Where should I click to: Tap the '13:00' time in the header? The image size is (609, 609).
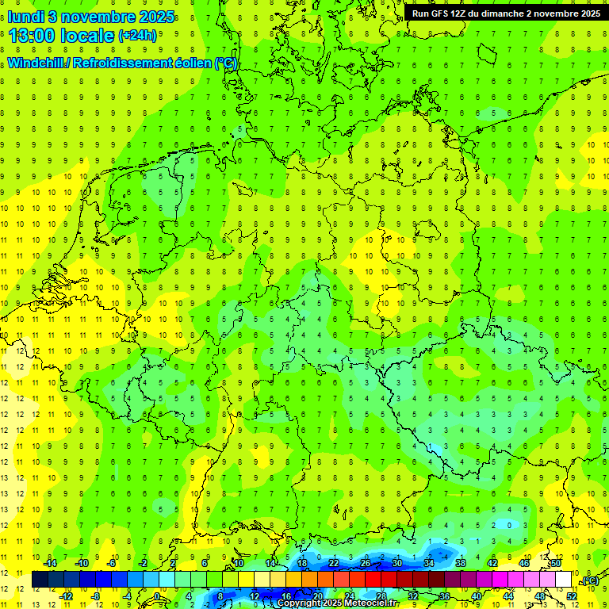pyautogui.click(x=32, y=36)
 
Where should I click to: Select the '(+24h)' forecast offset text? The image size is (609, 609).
pyautogui.click(x=137, y=36)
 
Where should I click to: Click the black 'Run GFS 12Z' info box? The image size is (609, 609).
pyautogui.click(x=506, y=13)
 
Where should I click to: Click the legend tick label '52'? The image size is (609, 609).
pyautogui.click(x=572, y=596)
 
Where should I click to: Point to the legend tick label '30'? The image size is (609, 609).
pyautogui.click(x=396, y=562)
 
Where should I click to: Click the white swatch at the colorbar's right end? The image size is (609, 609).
pyautogui.click(x=563, y=580)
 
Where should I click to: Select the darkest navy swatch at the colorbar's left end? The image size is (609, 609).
pyautogui.click(x=40, y=580)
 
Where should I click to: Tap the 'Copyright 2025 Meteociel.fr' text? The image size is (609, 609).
pyautogui.click(x=337, y=603)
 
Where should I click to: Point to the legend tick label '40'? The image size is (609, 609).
pyautogui.click(x=476, y=596)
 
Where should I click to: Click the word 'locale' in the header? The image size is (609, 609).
pyautogui.click(x=86, y=36)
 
